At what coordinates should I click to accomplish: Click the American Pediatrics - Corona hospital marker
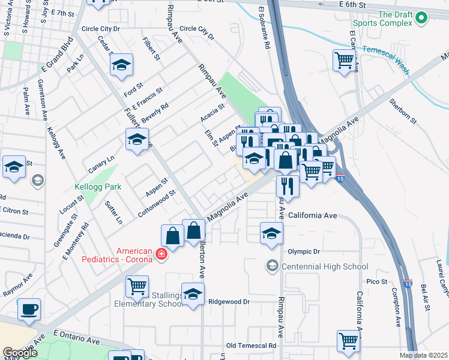tap(161, 254)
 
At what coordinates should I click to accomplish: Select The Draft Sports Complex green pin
tap(421, 19)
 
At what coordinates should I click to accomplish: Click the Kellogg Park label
tap(98, 187)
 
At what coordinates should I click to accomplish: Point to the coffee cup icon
tap(29, 310)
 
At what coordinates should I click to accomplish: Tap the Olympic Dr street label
tap(304, 252)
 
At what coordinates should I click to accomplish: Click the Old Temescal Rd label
tap(252, 346)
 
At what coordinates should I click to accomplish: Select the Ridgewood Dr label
tap(228, 302)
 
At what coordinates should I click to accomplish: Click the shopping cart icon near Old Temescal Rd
tap(349, 341)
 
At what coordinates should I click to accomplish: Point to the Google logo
tap(20, 353)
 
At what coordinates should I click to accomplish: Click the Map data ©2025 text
tap(423, 355)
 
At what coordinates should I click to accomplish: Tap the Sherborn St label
tap(403, 112)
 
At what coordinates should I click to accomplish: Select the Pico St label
tap(377, 281)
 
